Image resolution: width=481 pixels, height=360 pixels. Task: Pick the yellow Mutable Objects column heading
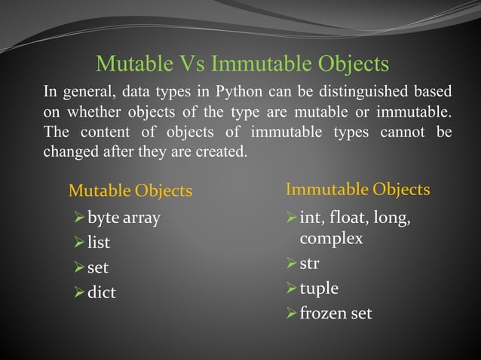coord(130,191)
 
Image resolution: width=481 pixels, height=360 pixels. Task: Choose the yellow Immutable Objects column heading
coord(358,188)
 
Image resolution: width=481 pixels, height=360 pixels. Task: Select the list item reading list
coord(99,243)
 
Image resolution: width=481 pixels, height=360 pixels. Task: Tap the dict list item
coord(102,291)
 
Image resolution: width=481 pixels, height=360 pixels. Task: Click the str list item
coord(310,264)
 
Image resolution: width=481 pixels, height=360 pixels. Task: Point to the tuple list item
coord(319,288)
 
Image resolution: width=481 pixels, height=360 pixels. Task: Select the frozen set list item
coord(335,313)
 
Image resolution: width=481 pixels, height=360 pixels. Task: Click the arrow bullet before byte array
coord(79,219)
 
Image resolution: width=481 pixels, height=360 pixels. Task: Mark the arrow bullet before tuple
coord(292,289)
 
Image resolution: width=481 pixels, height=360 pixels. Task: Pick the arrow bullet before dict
coord(79,292)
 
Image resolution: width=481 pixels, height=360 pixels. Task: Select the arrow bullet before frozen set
coord(292,313)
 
